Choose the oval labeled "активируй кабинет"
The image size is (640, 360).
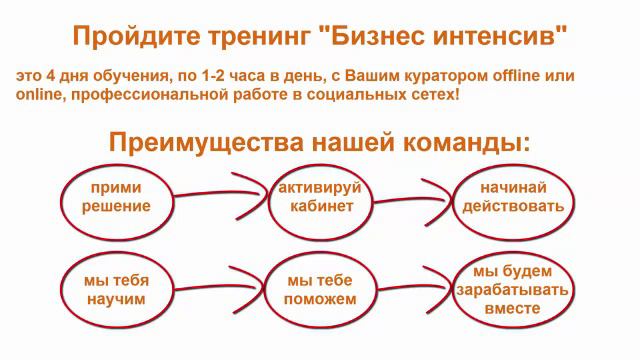[317, 197]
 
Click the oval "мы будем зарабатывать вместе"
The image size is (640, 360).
[513, 290]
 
